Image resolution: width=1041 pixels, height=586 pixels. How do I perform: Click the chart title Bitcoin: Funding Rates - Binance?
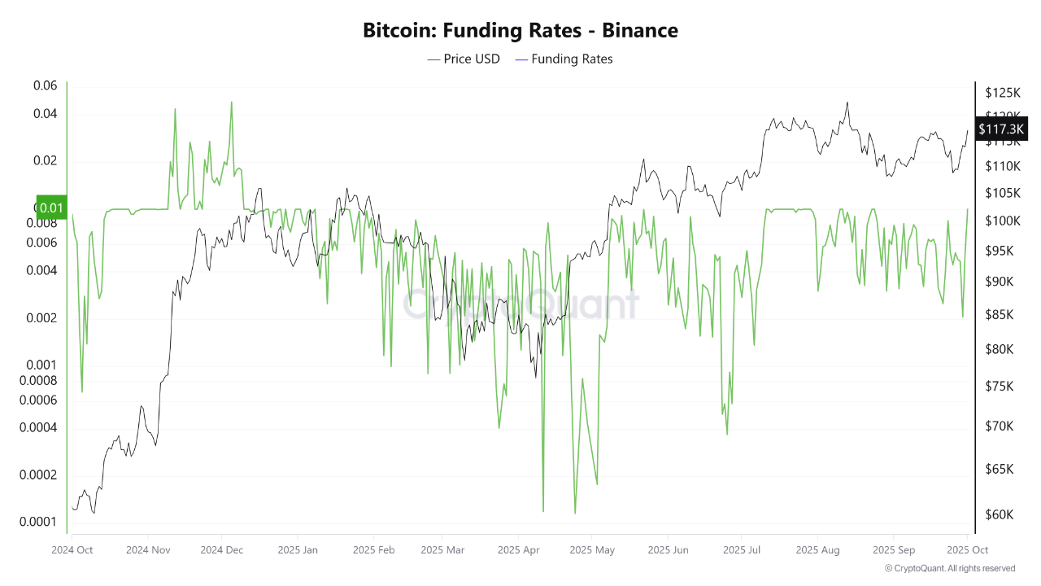tap(520, 31)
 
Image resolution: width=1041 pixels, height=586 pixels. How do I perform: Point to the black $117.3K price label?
tap(1002, 129)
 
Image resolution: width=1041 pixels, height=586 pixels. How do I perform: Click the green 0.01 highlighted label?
tap(51, 208)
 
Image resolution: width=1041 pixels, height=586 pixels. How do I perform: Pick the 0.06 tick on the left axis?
tap(45, 85)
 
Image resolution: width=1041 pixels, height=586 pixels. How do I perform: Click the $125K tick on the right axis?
tap(1003, 92)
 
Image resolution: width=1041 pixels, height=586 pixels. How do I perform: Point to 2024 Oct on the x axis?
tap(72, 549)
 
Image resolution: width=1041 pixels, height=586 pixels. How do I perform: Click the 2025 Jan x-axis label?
tap(298, 549)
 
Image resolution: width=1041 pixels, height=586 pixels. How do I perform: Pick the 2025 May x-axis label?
tap(593, 549)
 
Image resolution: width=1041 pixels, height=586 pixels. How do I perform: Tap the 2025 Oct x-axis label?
tap(966, 549)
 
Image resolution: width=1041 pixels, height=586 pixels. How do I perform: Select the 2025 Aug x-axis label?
tap(818, 549)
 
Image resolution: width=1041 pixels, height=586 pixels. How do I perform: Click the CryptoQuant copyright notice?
tap(950, 568)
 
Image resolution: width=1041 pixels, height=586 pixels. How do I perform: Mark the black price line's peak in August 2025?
tap(847, 103)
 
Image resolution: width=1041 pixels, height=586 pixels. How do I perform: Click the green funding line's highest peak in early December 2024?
tap(231, 103)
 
